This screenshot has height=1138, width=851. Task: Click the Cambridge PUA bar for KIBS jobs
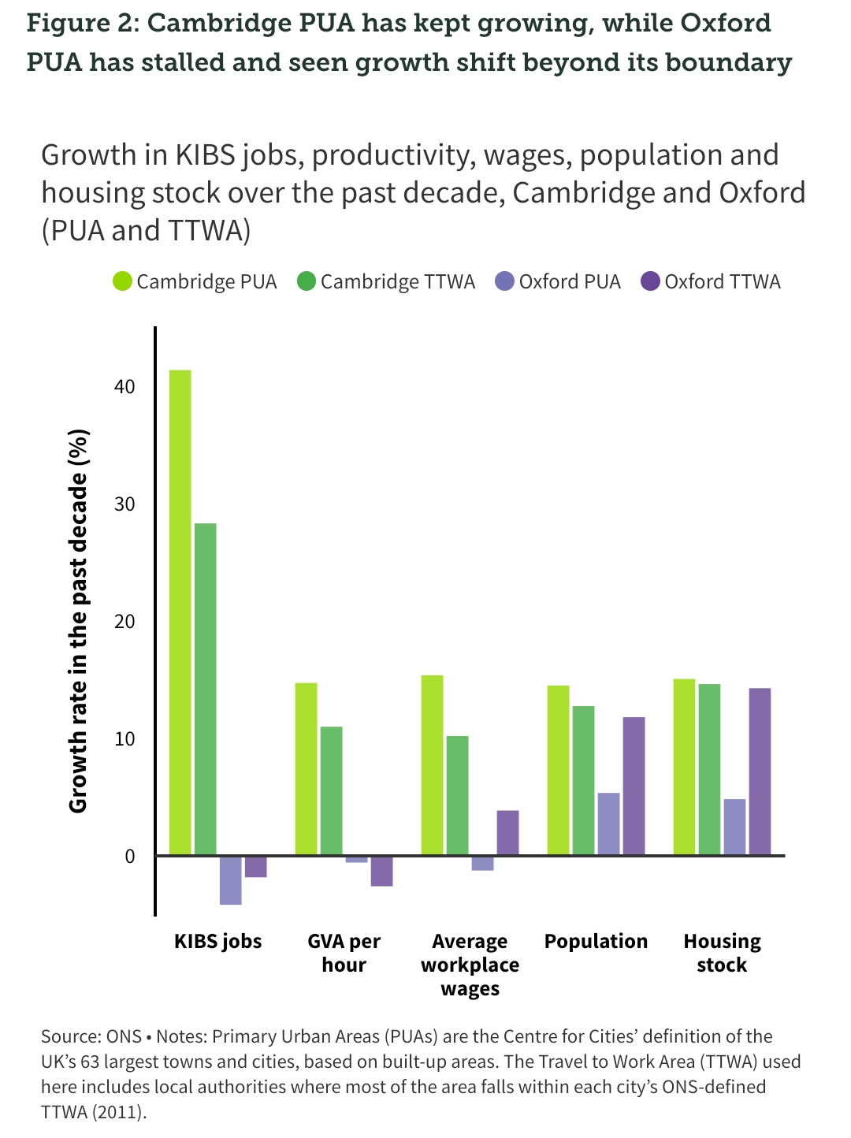pyautogui.click(x=180, y=612)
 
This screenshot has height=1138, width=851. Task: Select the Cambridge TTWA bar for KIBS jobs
pyautogui.click(x=206, y=689)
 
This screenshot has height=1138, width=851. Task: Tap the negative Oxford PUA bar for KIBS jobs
pyautogui.click(x=231, y=880)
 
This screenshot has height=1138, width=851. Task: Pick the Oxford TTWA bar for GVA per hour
pyautogui.click(x=382, y=871)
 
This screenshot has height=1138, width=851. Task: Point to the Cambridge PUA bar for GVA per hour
pyautogui.click(x=307, y=768)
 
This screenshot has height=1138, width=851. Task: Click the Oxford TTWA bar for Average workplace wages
pyautogui.click(x=508, y=832)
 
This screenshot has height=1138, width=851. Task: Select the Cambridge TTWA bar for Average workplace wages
pyautogui.click(x=458, y=795)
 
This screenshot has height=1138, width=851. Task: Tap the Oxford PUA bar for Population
pyautogui.click(x=609, y=824)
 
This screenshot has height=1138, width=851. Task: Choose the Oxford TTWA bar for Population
pyautogui.click(x=634, y=786)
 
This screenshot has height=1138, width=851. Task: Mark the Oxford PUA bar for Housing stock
pyautogui.click(x=735, y=827)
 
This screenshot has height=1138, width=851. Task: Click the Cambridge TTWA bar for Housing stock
pyautogui.click(x=710, y=769)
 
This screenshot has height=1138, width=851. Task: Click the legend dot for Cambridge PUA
pyautogui.click(x=123, y=281)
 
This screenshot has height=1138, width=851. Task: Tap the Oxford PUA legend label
pyautogui.click(x=570, y=281)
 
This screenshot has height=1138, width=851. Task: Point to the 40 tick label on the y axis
pyautogui.click(x=124, y=386)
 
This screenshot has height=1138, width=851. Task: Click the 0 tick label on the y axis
pyautogui.click(x=130, y=856)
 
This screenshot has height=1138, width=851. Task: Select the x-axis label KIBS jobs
pyautogui.click(x=217, y=941)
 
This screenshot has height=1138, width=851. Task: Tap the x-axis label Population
pyautogui.click(x=596, y=941)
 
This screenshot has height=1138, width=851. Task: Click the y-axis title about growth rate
pyautogui.click(x=78, y=621)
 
